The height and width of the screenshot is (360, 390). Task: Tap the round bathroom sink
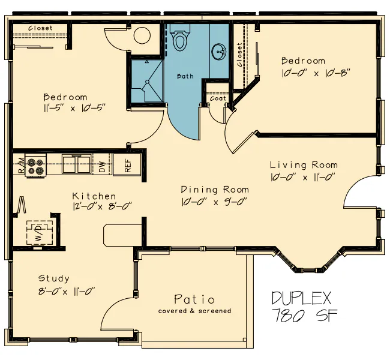click(219, 52)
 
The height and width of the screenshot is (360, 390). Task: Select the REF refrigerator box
click(127, 164)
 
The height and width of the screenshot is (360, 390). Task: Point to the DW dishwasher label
click(102, 167)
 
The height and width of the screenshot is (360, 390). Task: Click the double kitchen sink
click(76, 164)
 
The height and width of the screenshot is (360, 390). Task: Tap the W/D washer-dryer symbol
click(40, 232)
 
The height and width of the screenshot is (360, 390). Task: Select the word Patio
click(194, 299)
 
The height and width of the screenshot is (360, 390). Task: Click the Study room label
click(54, 278)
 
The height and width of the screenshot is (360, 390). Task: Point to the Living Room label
click(304, 165)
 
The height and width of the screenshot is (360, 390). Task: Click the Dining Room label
click(215, 190)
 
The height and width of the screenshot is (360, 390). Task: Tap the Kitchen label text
click(94, 196)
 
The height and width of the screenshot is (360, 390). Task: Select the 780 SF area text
click(305, 315)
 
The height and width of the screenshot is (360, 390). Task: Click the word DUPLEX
click(301, 298)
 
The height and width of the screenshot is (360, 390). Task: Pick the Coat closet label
click(218, 98)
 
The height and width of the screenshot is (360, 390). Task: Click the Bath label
click(185, 76)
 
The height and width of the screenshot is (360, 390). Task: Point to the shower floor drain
click(147, 82)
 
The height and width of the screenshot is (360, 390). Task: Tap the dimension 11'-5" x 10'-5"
click(74, 108)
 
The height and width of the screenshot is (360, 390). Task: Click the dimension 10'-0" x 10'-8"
click(316, 73)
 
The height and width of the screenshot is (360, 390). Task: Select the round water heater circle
click(142, 35)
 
